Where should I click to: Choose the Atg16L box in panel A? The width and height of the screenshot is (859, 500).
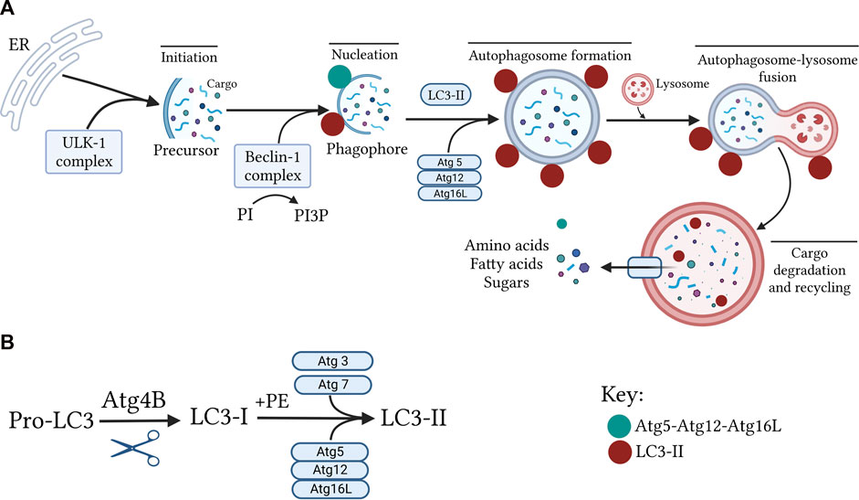pos(448,194)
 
